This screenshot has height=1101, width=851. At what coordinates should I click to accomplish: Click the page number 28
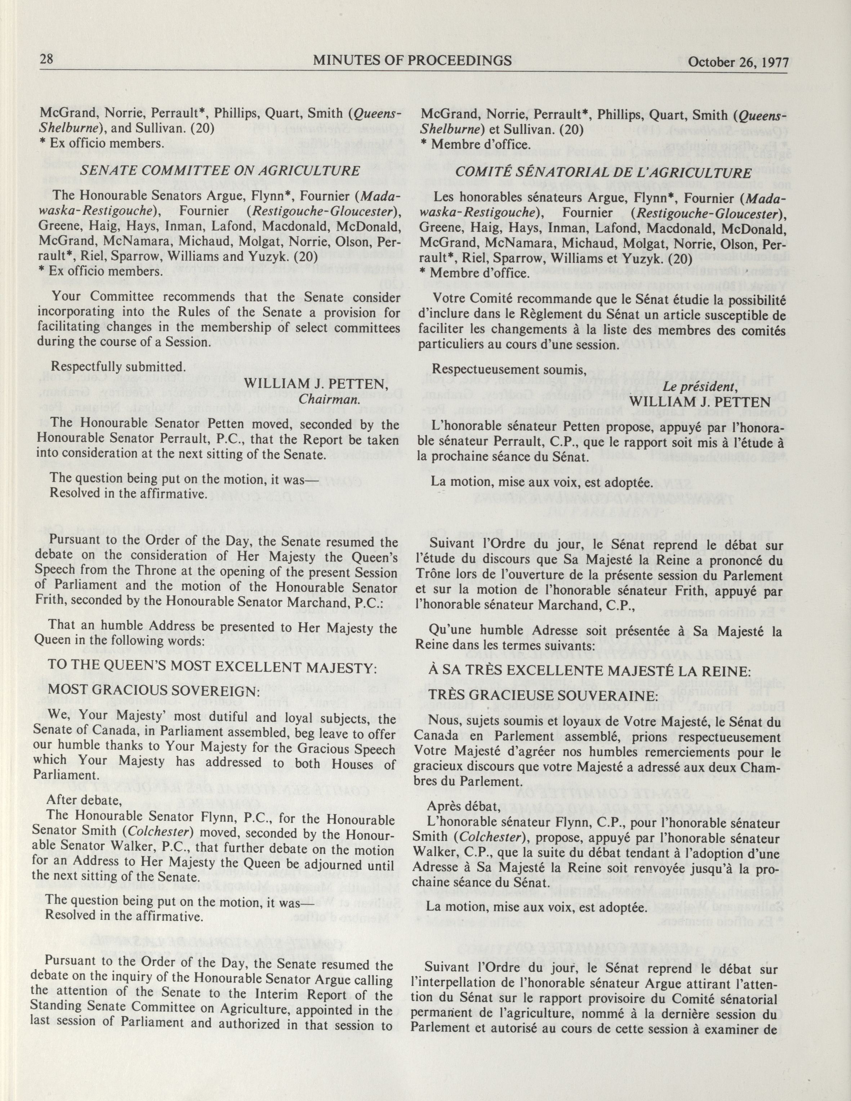[47, 59]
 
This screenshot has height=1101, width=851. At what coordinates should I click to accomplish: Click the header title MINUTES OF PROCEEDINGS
[412, 61]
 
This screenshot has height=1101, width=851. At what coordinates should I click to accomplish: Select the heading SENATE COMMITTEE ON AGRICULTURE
[220, 171]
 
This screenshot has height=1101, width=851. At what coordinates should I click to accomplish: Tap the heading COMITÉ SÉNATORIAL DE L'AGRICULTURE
[603, 173]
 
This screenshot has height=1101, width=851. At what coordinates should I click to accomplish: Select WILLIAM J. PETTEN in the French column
[700, 401]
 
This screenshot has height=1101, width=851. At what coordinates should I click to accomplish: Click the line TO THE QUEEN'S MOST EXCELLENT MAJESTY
[212, 666]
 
